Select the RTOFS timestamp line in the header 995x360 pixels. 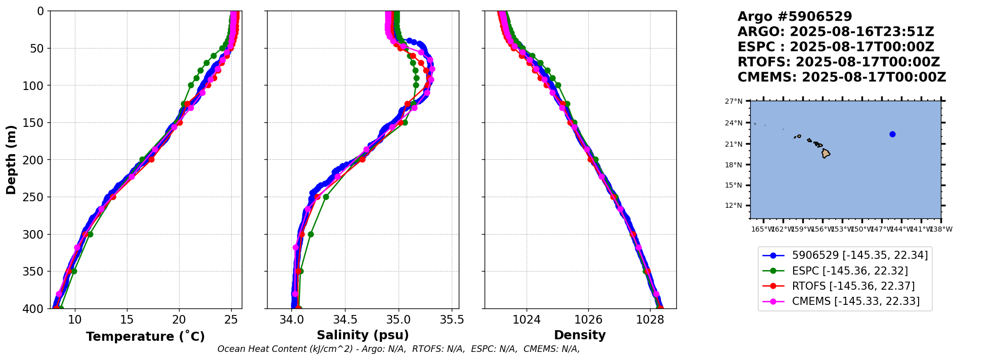[x=838, y=62]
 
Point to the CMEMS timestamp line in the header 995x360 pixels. [x=841, y=77]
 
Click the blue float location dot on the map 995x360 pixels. [x=892, y=134]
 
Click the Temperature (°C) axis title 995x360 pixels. [x=145, y=336]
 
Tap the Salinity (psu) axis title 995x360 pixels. [x=363, y=335]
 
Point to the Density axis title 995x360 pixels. [x=580, y=335]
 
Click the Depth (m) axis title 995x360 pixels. [x=11, y=159]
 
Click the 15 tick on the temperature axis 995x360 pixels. [x=127, y=320]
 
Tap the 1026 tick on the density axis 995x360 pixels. [x=588, y=320]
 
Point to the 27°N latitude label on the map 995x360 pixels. [x=733, y=101]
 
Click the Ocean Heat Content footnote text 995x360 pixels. [x=398, y=349]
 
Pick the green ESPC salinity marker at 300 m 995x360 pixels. [x=311, y=234]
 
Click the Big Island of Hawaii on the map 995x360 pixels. [x=826, y=153]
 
